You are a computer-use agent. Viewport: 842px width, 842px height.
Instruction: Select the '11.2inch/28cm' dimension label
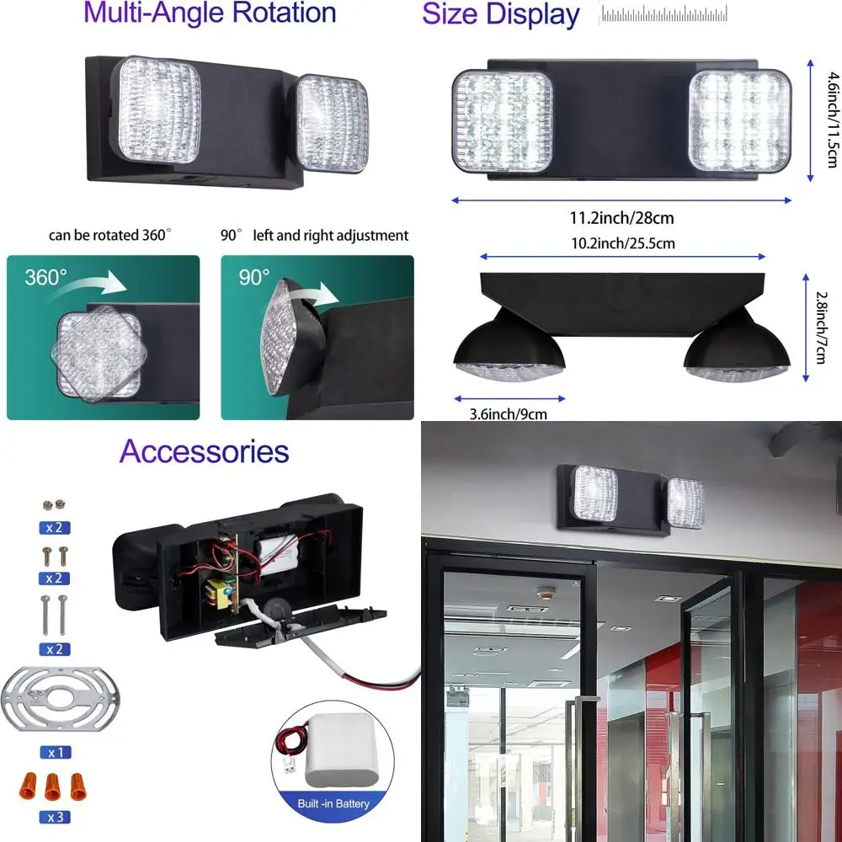621,218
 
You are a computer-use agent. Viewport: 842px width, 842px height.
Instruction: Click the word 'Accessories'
204,451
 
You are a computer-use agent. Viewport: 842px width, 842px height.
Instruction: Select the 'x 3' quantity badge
56,817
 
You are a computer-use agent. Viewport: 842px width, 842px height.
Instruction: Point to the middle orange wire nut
56,788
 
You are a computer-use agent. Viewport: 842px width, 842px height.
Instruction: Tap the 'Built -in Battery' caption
333,803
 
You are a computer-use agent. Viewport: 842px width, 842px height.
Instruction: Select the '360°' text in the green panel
46,278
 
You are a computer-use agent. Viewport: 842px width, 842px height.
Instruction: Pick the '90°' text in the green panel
253,277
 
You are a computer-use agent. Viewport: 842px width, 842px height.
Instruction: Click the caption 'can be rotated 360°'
109,236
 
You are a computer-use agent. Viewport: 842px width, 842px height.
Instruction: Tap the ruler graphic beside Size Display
666,13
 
